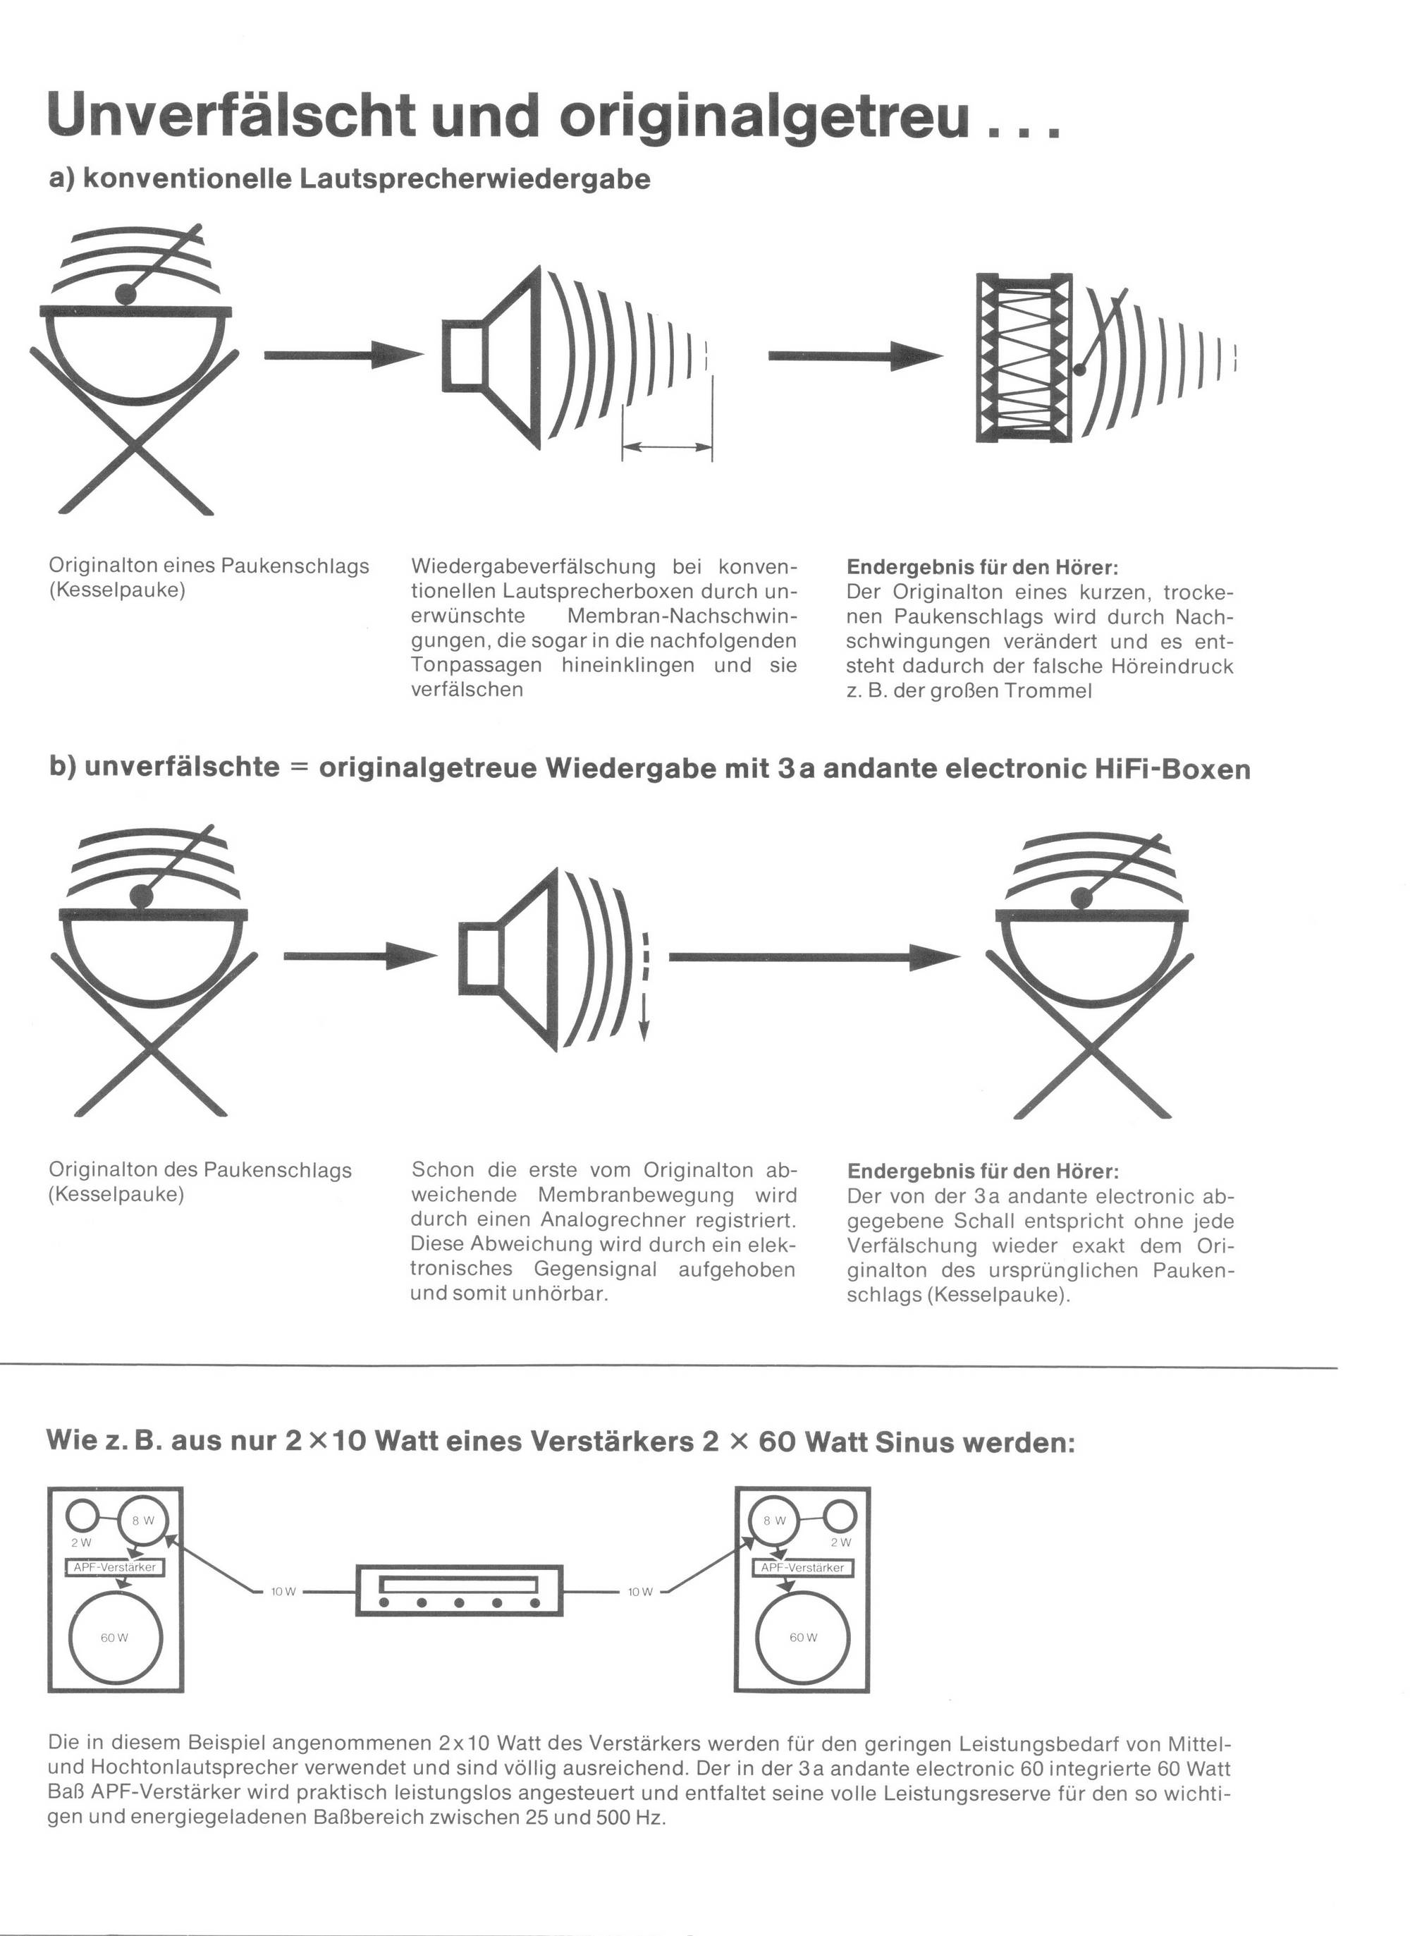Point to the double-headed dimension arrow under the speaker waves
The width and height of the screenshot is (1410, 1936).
point(668,446)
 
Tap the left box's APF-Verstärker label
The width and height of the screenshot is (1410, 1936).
point(114,1567)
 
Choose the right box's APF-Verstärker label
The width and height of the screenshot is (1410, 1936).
point(802,1567)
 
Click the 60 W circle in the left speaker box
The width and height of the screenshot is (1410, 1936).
point(114,1637)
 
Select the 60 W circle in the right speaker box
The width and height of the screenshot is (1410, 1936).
point(803,1637)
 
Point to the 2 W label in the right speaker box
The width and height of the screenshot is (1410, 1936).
point(840,1542)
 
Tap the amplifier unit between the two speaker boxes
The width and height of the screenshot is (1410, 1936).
point(459,1591)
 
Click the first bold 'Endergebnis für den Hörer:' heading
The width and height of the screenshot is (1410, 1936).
point(981,567)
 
